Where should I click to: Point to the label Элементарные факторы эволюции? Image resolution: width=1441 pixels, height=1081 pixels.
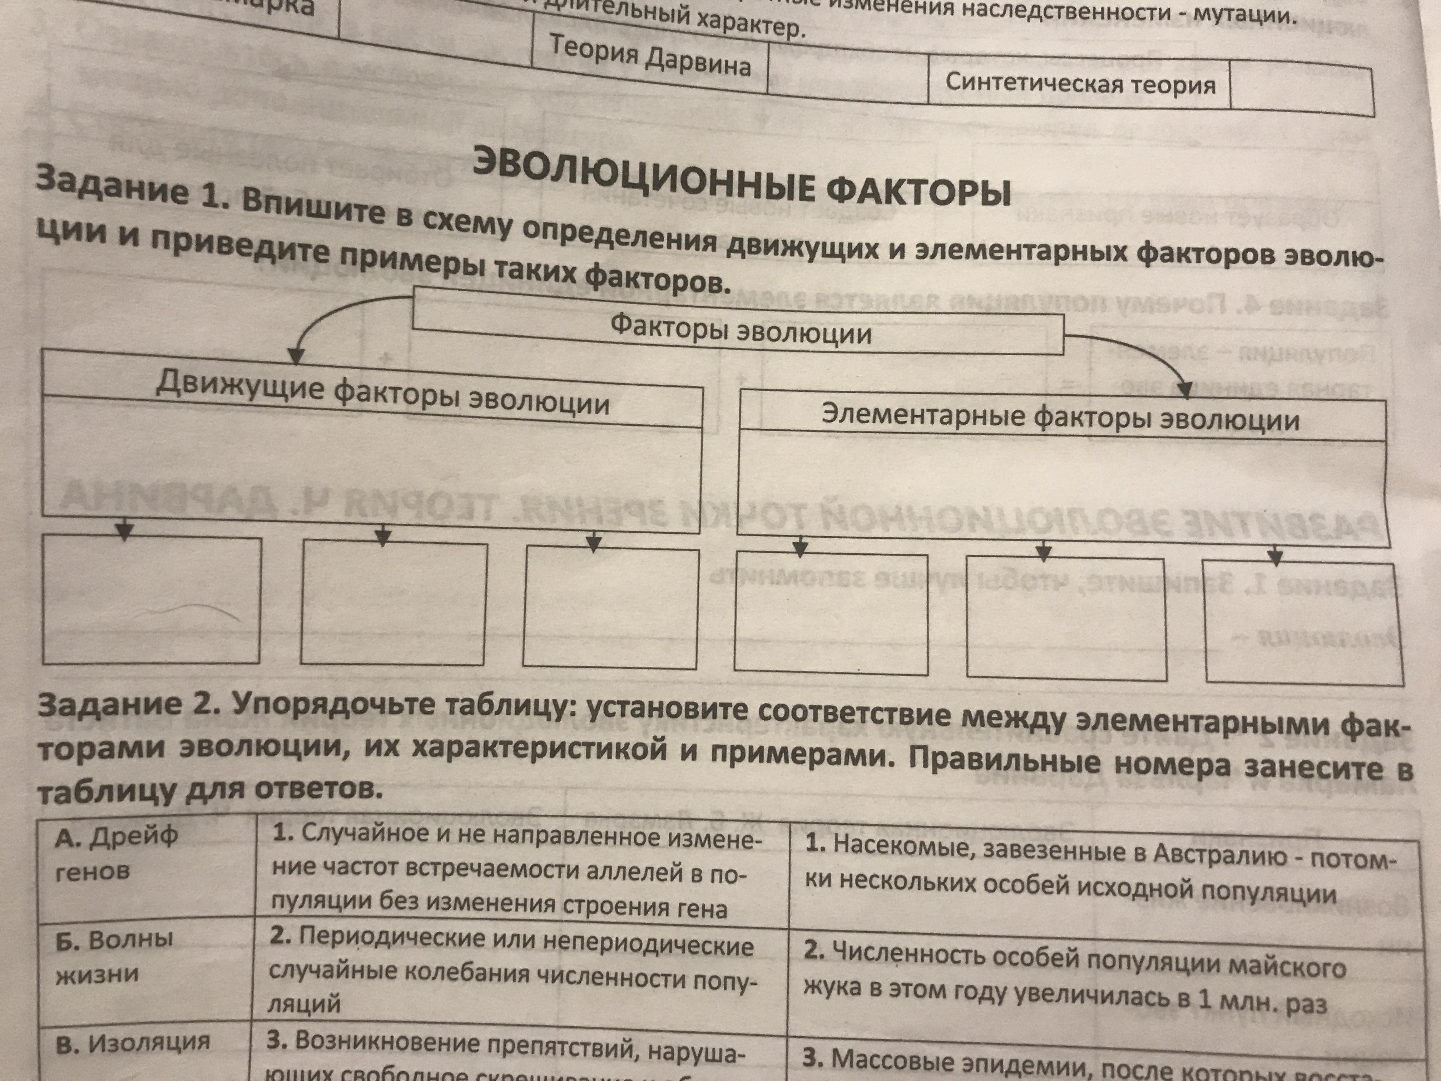pos(1060,417)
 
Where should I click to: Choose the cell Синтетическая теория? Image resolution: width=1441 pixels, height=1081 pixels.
pos(1080,83)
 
